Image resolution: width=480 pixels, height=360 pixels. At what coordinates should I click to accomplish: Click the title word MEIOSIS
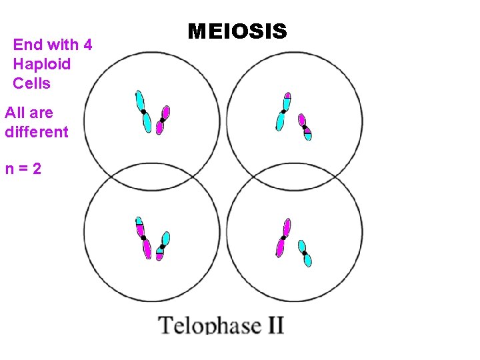click(x=237, y=31)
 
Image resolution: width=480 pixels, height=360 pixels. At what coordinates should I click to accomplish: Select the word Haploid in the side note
click(x=41, y=65)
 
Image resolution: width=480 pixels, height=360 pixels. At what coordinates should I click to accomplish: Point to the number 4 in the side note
click(x=87, y=45)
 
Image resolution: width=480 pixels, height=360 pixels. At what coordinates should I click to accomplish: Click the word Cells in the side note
click(x=31, y=84)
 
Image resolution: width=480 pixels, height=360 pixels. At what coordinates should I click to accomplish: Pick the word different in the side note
click(x=37, y=132)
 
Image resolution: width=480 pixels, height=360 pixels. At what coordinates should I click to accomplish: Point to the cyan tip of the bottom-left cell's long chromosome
click(x=139, y=221)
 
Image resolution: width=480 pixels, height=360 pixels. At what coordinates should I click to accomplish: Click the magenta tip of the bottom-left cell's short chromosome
click(x=159, y=256)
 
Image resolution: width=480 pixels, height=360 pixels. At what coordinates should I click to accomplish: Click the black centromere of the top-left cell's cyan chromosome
click(x=143, y=111)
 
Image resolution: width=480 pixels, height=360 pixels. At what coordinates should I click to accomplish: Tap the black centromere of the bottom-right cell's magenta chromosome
click(x=283, y=237)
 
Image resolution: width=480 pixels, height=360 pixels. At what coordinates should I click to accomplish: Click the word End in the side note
click(x=27, y=45)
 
